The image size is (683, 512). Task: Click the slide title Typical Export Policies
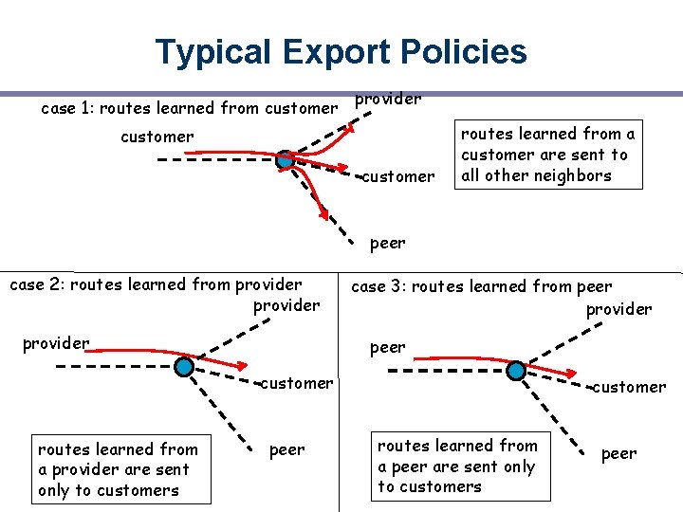point(341,51)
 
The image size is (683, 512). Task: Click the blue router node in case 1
point(285,160)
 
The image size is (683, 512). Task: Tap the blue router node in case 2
point(185,367)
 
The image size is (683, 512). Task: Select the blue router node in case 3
point(516,371)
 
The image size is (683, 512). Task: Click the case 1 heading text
point(188,108)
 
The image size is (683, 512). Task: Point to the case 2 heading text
point(156,284)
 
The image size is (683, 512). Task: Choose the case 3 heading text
point(482,286)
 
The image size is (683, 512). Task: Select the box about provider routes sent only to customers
point(119,469)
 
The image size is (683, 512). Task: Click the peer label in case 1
point(387,243)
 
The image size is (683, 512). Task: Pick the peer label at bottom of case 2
point(287,450)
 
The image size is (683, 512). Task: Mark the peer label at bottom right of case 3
point(618,454)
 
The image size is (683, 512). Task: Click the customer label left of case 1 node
point(157,137)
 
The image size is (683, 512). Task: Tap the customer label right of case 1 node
point(399,176)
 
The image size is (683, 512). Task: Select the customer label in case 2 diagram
point(297,383)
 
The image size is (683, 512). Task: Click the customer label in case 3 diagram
point(629,387)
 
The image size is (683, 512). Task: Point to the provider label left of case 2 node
point(56,342)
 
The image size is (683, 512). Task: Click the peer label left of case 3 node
point(387,347)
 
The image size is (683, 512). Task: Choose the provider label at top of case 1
point(388,99)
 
